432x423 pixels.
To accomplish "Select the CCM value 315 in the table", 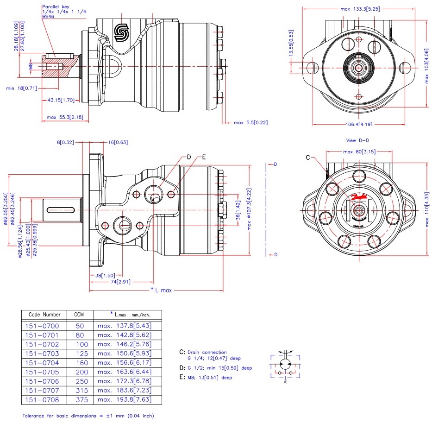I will click(x=80, y=390).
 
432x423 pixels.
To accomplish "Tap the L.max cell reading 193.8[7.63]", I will click(x=124, y=399).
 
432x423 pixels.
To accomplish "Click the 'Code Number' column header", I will click(x=44, y=315).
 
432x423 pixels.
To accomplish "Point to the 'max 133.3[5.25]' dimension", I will click(x=361, y=9).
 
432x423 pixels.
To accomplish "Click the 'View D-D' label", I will click(x=357, y=140).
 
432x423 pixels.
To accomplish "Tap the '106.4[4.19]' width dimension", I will click(x=359, y=124).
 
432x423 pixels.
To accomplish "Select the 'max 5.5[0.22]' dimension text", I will click(x=251, y=123).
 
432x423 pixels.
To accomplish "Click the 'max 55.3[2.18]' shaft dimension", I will click(x=65, y=117).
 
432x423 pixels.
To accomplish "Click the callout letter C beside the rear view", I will click(x=308, y=158).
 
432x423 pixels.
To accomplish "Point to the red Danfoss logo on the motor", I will click(x=359, y=196).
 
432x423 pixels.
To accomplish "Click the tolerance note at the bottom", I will click(x=88, y=416).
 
